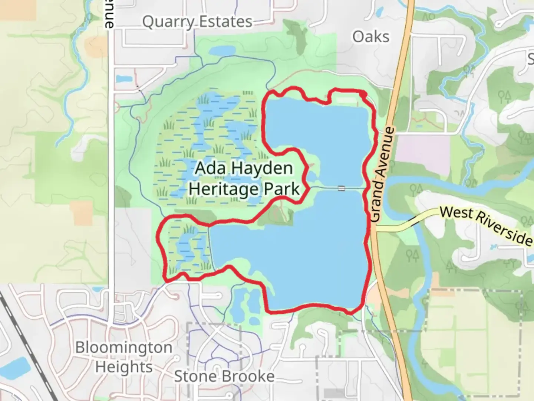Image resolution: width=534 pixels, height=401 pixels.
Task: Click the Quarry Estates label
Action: click(x=197, y=22)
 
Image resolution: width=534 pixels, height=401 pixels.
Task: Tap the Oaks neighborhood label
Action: click(x=371, y=37)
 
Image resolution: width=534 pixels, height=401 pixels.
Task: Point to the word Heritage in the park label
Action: click(x=224, y=189)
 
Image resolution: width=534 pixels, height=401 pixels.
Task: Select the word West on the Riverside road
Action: click(x=456, y=213)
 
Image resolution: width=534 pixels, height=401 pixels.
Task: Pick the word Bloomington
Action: click(x=124, y=348)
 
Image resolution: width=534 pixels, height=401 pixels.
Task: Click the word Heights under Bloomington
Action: click(x=124, y=367)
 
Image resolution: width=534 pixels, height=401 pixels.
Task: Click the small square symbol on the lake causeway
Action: click(x=341, y=189)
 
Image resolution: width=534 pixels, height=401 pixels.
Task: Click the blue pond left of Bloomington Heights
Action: click(x=19, y=366)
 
